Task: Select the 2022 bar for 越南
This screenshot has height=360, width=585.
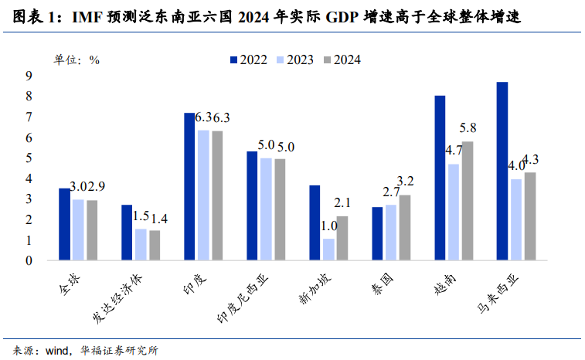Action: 440,178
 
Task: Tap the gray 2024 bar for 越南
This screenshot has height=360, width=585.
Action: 468,201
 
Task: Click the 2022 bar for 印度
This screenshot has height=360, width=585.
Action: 189,186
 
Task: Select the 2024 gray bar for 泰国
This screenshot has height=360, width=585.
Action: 405,227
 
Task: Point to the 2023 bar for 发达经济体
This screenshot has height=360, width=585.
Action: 141,244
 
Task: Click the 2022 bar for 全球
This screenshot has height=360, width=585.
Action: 64,224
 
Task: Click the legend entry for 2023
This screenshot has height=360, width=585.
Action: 297,59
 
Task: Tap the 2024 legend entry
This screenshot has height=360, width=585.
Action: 344,59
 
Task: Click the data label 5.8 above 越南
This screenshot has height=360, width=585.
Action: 468,128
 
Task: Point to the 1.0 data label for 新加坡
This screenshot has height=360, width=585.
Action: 329,226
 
